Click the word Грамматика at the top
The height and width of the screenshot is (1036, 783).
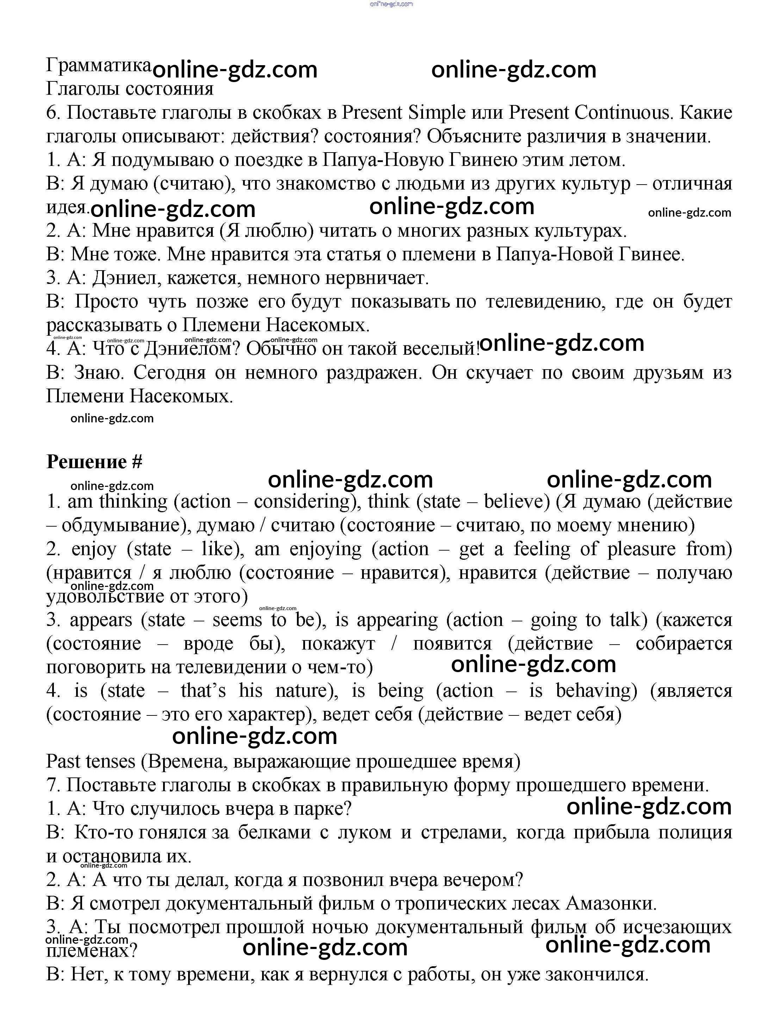98,65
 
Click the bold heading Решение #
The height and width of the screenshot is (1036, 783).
94,462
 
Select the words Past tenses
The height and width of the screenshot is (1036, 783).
91,762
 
